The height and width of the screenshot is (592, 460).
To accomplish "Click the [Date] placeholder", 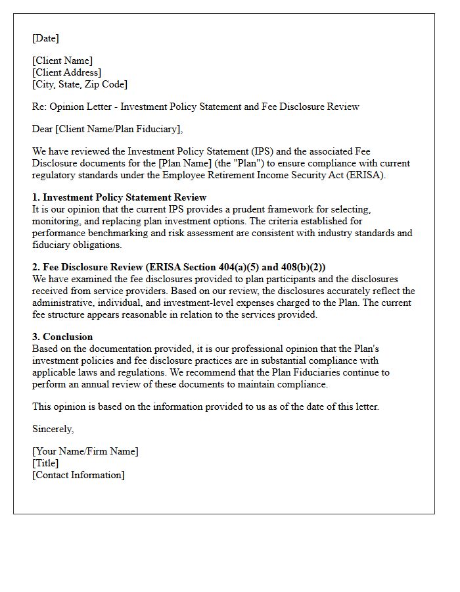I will (x=45, y=38).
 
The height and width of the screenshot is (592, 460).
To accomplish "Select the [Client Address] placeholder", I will (x=67, y=72).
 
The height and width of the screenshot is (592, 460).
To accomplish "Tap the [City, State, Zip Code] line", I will (x=80, y=84).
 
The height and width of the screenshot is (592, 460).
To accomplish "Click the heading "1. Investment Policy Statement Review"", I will (x=120, y=197).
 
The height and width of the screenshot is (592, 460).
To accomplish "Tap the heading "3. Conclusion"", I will (x=62, y=337).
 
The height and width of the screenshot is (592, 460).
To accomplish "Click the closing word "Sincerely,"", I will (x=53, y=429).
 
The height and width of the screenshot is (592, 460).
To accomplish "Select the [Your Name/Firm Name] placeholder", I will (x=85, y=451).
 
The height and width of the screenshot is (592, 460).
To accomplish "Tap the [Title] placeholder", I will (x=45, y=463).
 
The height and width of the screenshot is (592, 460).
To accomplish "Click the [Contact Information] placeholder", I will (x=78, y=475).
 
